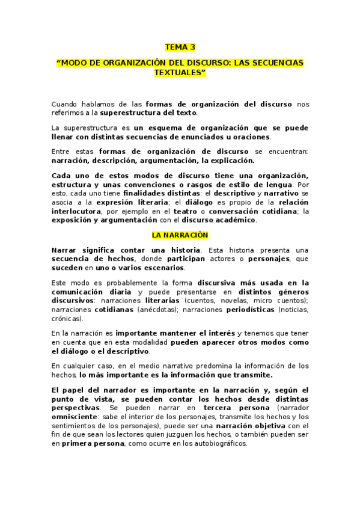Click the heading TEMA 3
pos(180,47)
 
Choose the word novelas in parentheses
pos(232,300)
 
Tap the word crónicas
pos(67,318)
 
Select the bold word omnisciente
pos(77,416)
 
